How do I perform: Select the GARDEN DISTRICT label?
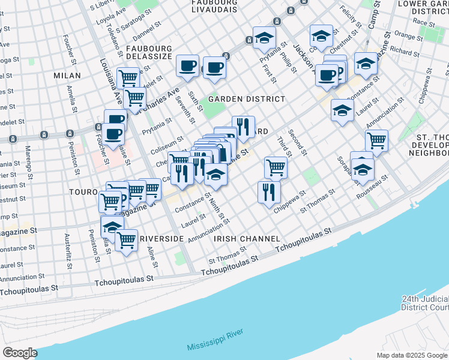coord(246,99)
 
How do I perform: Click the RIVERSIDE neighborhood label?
coord(161,239)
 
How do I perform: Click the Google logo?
coord(20,353)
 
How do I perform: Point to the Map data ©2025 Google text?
coord(411,355)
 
